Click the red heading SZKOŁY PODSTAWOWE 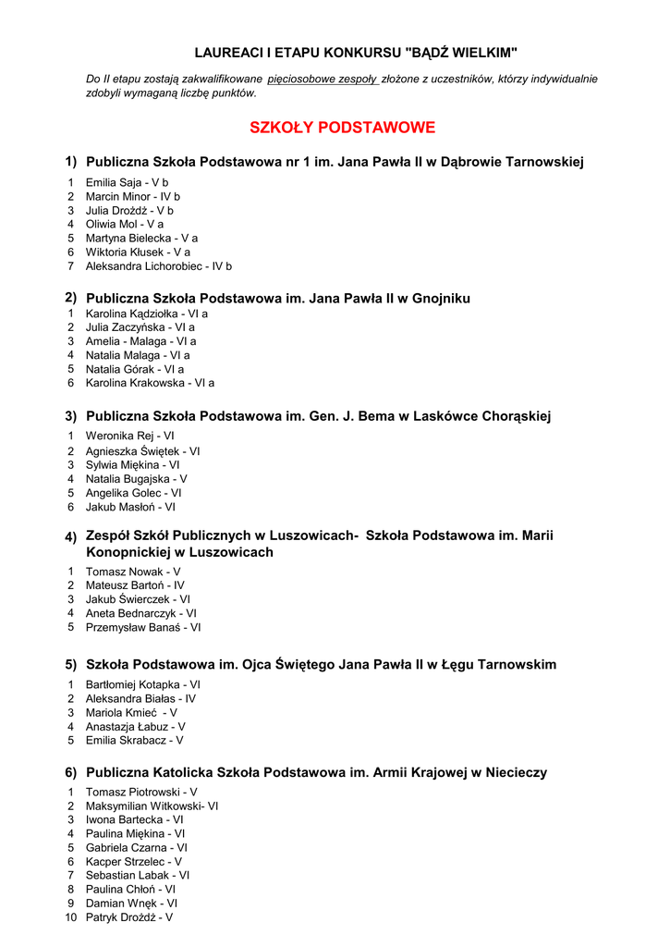[x=342, y=128]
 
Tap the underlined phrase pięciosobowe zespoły [x=323, y=80]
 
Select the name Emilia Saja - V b [x=127, y=183]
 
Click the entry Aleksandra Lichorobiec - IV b [x=158, y=266]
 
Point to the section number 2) [x=70, y=298]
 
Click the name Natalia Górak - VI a [x=134, y=369]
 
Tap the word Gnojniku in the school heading [x=441, y=299]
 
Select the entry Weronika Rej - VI [x=129, y=436]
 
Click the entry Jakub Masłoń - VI [x=130, y=507]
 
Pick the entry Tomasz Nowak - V [x=133, y=572]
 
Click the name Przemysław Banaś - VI [x=142, y=627]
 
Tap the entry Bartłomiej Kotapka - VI [x=142, y=685]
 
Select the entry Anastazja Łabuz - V [x=135, y=727]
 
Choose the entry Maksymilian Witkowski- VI [x=152, y=806]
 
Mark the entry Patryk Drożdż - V [x=128, y=917]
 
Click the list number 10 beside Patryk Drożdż [x=70, y=917]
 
